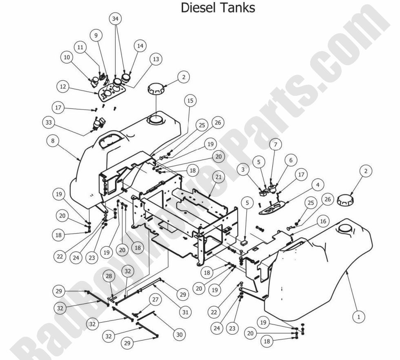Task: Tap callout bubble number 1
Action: pos(358,316)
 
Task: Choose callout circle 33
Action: pos(49,122)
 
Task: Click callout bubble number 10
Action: pos(67,58)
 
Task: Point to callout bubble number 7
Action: pos(276,145)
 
